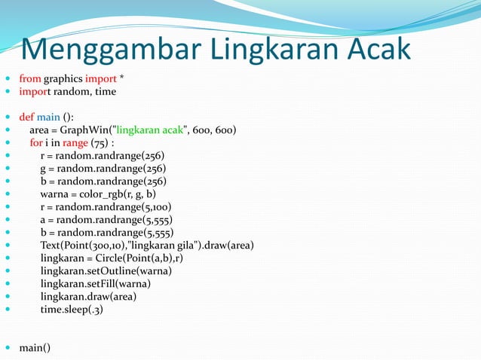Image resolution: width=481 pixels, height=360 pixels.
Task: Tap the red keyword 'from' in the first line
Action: (x=30, y=78)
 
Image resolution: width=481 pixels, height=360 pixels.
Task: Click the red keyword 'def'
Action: (x=27, y=117)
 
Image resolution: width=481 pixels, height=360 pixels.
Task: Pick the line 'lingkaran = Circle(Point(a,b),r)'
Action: (x=113, y=258)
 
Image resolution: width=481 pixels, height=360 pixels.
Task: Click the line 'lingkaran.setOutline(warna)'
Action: (x=106, y=270)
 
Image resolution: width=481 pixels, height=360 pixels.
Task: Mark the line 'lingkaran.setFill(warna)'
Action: (x=96, y=283)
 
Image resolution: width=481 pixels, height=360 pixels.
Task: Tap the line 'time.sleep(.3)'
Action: (x=72, y=309)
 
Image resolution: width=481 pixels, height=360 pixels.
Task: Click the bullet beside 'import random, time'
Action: (x=7, y=91)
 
